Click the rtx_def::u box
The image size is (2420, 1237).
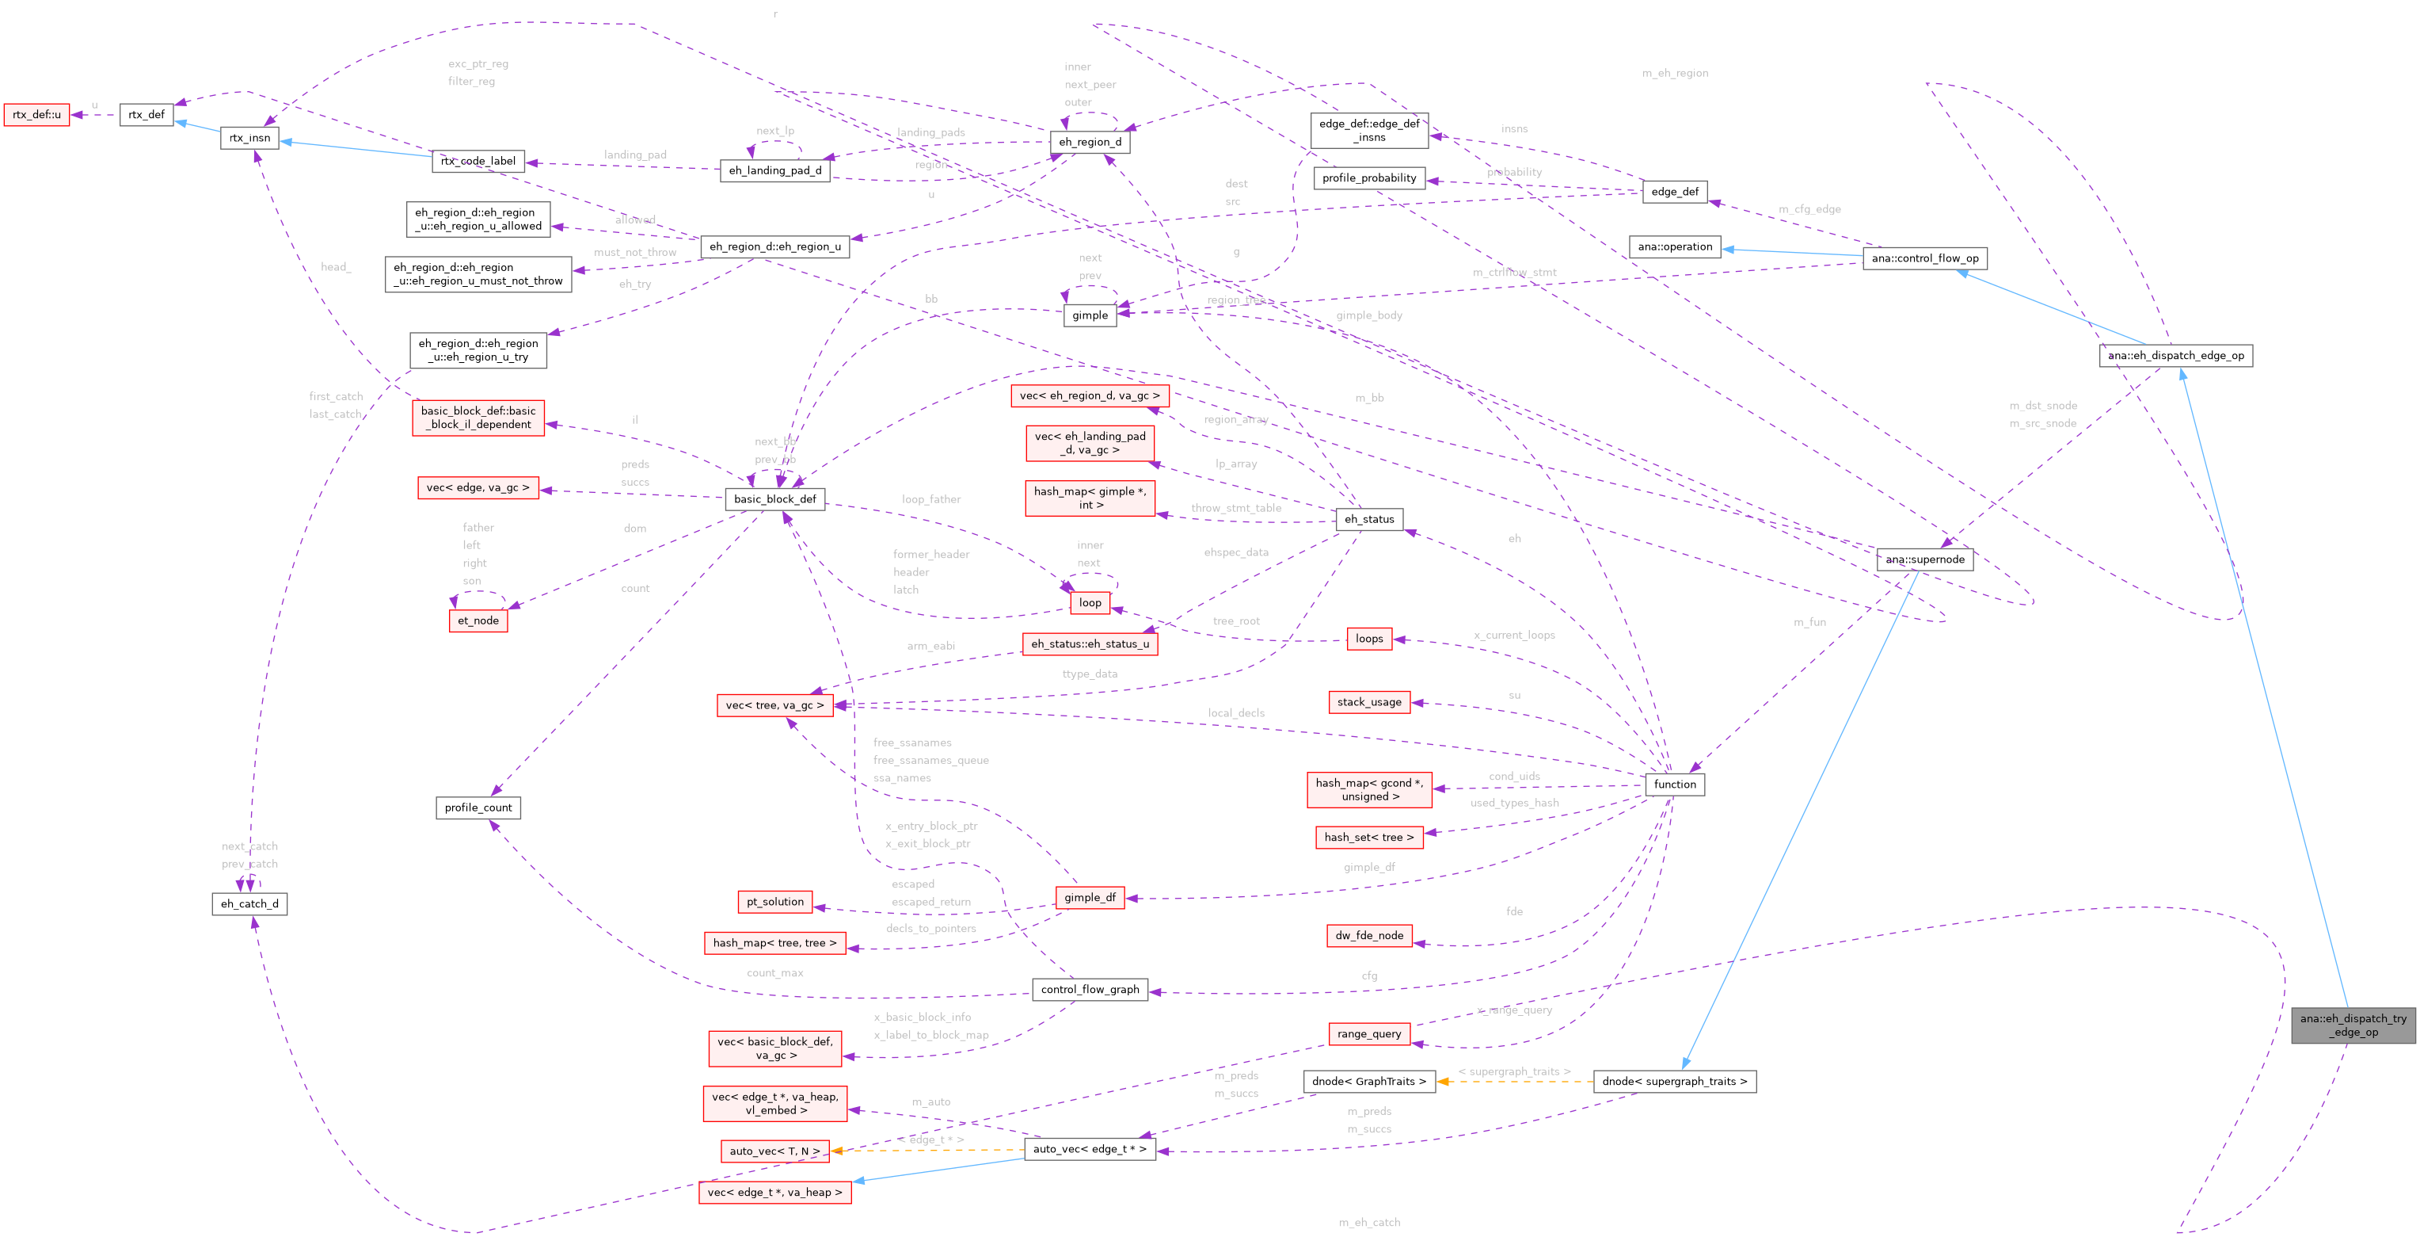[x=36, y=115]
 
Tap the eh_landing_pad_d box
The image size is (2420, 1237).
[x=775, y=170]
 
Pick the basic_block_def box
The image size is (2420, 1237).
[x=775, y=499]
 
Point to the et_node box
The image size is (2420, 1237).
[x=478, y=620]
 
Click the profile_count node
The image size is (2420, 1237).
[x=478, y=807]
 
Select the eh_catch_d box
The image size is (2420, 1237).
[x=250, y=904]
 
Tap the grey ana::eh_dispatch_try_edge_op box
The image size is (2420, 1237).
[x=2353, y=1025]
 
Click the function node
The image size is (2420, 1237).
[x=1675, y=784]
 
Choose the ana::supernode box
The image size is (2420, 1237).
[x=1925, y=559]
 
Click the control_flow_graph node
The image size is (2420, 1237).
[x=1090, y=990]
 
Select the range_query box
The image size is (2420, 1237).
[x=1368, y=1034]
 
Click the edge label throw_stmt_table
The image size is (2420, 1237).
[x=1236, y=509]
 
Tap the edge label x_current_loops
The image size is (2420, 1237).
[x=1514, y=636]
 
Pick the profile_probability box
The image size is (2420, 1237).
[x=1368, y=178]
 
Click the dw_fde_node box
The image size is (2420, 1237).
[x=1368, y=935]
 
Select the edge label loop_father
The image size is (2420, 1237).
[x=931, y=500]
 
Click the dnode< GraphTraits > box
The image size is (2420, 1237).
[x=1368, y=1082]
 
